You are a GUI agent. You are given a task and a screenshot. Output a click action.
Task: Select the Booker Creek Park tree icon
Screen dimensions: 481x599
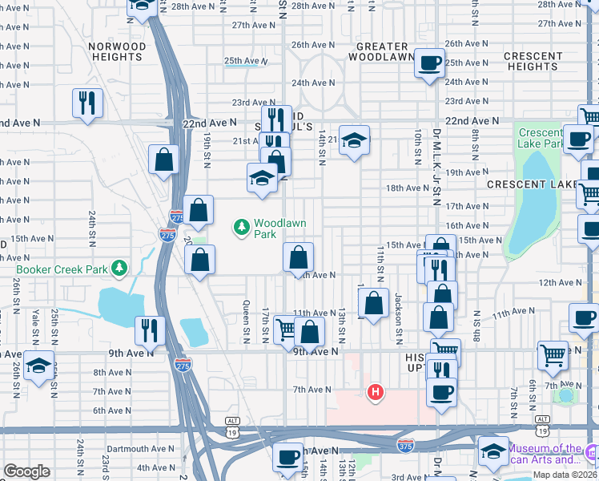click(119, 267)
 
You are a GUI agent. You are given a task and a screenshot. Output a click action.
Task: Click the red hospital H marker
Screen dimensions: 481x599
click(374, 392)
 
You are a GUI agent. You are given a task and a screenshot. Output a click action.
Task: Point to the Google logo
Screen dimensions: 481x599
click(26, 471)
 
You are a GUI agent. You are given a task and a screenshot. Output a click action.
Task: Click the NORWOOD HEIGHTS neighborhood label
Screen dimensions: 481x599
click(118, 51)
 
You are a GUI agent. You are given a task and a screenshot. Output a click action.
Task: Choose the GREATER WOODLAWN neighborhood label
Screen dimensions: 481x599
click(384, 51)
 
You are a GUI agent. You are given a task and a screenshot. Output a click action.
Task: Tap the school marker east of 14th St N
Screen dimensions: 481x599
click(353, 141)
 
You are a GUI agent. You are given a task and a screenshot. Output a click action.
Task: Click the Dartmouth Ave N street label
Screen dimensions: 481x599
click(139, 449)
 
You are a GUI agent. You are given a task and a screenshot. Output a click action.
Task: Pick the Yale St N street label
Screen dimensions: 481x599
click(34, 321)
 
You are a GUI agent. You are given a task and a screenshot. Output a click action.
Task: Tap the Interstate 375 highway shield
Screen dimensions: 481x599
click(405, 443)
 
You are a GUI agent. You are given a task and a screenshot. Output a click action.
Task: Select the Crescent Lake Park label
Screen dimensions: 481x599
click(541, 138)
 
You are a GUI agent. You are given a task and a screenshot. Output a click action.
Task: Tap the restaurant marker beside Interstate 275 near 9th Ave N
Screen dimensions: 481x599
click(149, 329)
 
